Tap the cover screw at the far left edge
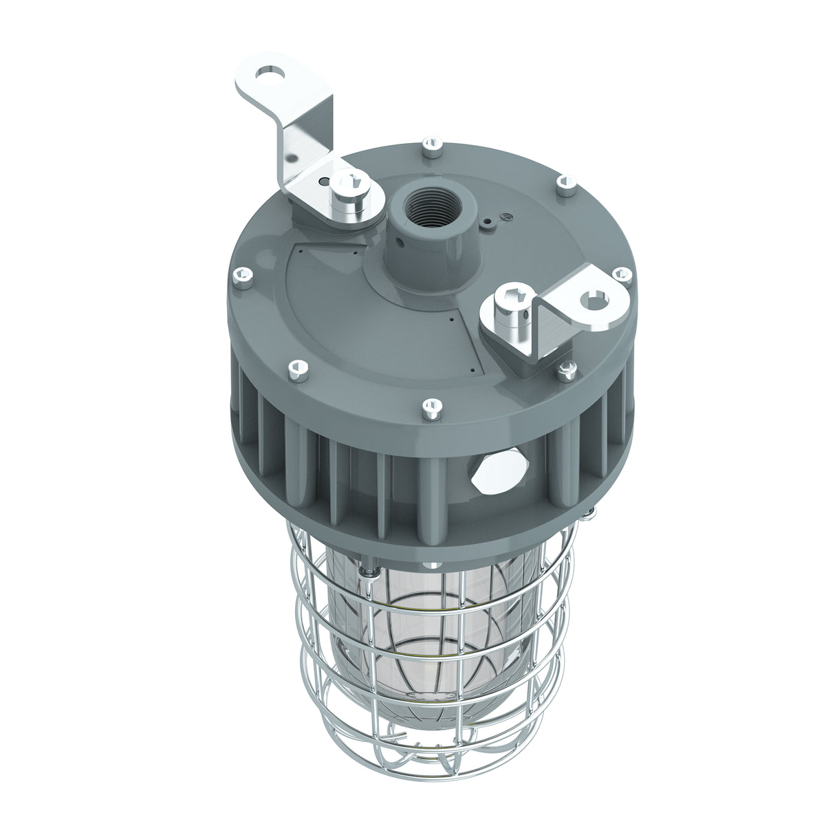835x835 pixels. coord(243,276)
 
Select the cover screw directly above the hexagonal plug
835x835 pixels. coord(431,407)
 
